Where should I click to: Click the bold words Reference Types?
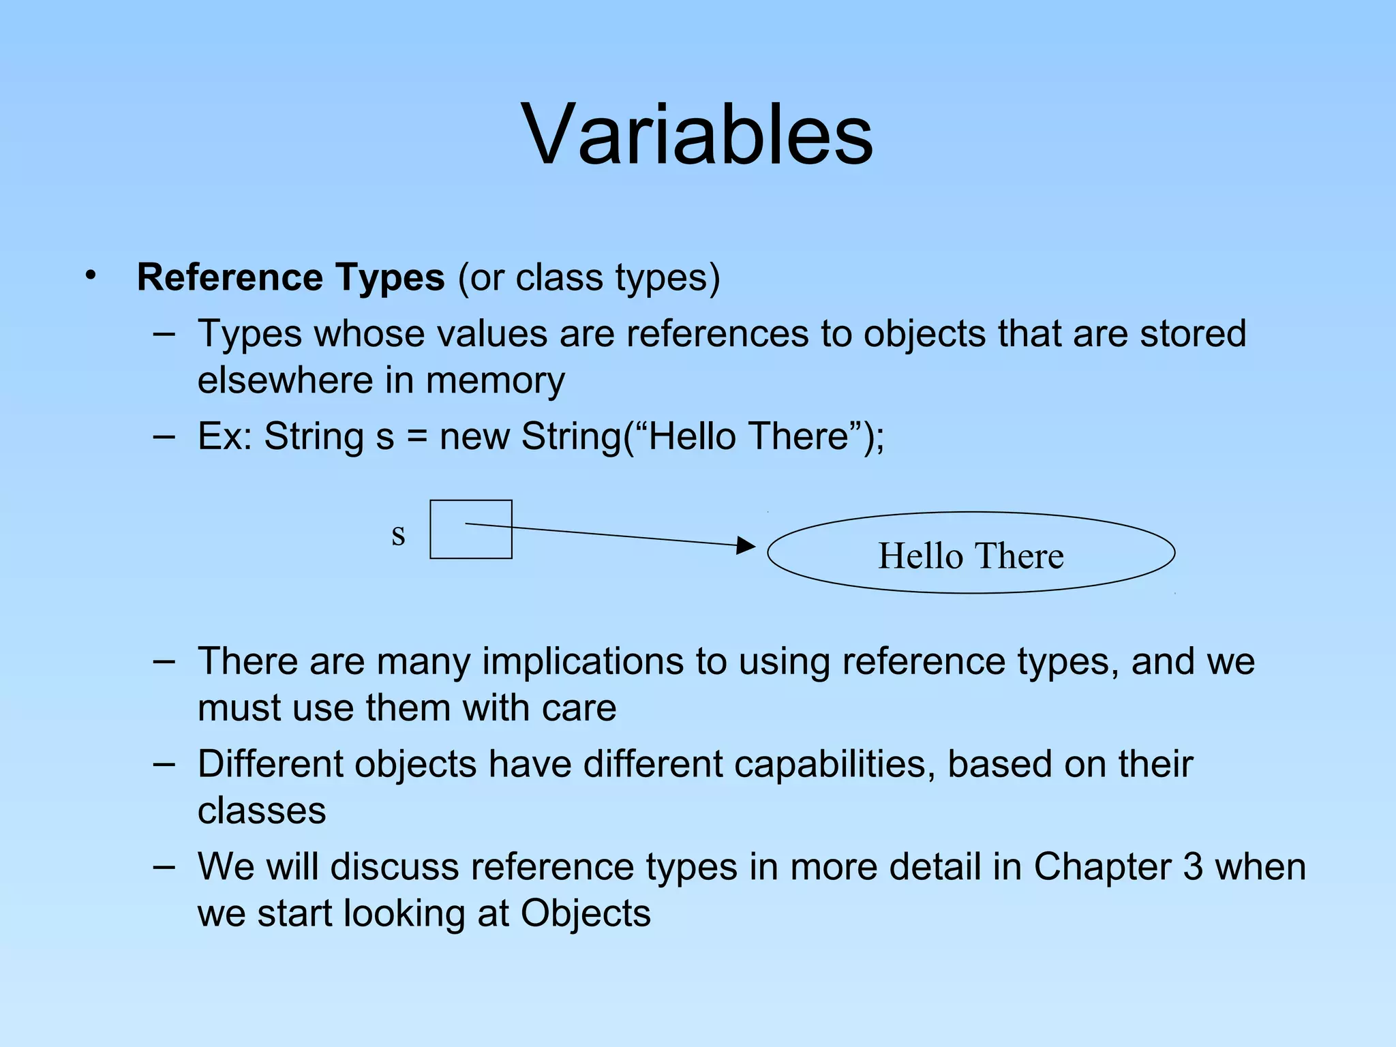pyautogui.click(x=290, y=277)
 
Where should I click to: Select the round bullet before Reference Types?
pyautogui.click(x=91, y=276)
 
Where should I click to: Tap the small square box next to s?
pyautogui.click(x=470, y=530)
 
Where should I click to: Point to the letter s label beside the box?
pyautogui.click(x=398, y=535)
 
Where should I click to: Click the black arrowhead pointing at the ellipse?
pyautogui.click(x=746, y=545)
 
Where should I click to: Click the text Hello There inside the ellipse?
pyautogui.click(x=971, y=556)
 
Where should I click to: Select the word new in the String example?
pyautogui.click(x=474, y=436)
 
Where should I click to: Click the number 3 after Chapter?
pyautogui.click(x=1192, y=867)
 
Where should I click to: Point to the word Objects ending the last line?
pyautogui.click(x=586, y=913)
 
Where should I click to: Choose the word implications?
pyautogui.click(x=583, y=662)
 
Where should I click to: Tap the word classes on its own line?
pyautogui.click(x=262, y=811)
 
